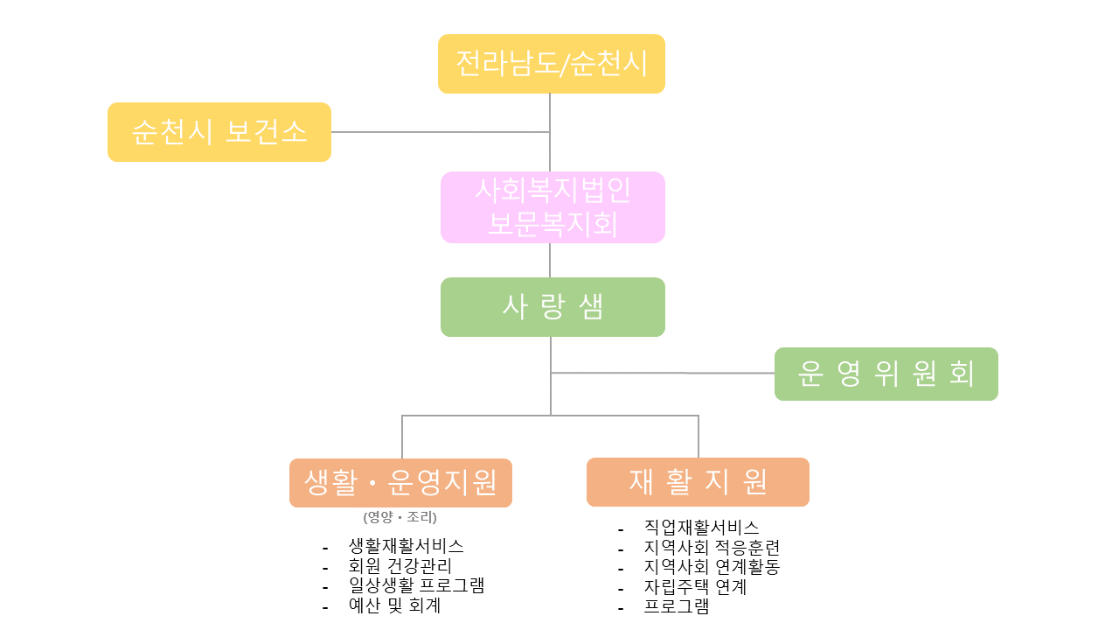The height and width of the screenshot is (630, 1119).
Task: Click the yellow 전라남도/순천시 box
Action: pyautogui.click(x=551, y=64)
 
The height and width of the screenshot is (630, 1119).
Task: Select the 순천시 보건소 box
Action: pyautogui.click(x=219, y=132)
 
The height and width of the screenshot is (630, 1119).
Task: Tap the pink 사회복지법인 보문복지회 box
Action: pyautogui.click(x=553, y=207)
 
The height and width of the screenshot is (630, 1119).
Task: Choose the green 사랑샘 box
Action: pyautogui.click(x=553, y=307)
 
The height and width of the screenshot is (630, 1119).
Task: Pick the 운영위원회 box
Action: pyautogui.click(x=886, y=374)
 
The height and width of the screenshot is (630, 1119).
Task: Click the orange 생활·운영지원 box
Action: pyautogui.click(x=400, y=482)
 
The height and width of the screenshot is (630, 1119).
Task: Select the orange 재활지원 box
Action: pyautogui.click(x=698, y=481)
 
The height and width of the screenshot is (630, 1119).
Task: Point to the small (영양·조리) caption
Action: pyautogui.click(x=400, y=517)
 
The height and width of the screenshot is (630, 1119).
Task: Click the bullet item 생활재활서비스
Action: pyautogui.click(x=406, y=545)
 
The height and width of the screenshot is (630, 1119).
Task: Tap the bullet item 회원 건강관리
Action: pyautogui.click(x=400, y=566)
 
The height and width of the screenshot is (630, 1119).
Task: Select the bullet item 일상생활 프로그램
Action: pyautogui.click(x=416, y=585)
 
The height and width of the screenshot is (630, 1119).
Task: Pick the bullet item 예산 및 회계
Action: pyautogui.click(x=394, y=605)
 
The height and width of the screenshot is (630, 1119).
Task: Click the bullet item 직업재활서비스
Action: pyautogui.click(x=701, y=527)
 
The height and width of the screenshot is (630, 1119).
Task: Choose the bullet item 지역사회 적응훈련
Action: pyautogui.click(x=711, y=548)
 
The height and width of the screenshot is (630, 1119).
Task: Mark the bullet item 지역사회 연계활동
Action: pyautogui.click(x=711, y=567)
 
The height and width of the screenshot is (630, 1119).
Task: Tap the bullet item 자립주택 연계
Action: pyautogui.click(x=695, y=587)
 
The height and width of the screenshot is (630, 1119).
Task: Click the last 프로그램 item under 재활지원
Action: pyautogui.click(x=676, y=606)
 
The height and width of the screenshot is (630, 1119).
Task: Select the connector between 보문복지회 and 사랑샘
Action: pyautogui.click(x=550, y=260)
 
